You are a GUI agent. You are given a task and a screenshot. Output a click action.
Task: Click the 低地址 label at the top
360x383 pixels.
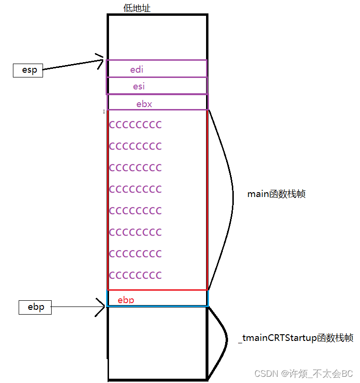pyautogui.click(x=137, y=8)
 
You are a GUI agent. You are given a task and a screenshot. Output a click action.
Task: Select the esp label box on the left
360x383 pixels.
pyautogui.click(x=28, y=70)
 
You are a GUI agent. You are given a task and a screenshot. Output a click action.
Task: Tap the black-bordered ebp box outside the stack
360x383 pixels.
pyautogui.click(x=35, y=307)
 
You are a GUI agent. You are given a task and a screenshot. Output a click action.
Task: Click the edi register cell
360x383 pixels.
pyautogui.click(x=156, y=68)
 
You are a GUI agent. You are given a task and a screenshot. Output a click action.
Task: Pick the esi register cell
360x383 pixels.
pyautogui.click(x=156, y=86)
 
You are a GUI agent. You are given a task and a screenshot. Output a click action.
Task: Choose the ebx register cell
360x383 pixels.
pyautogui.click(x=157, y=102)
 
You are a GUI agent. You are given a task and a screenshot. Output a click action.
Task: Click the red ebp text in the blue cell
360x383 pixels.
pyautogui.click(x=126, y=300)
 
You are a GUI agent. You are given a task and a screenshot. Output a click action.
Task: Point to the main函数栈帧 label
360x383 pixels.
pyautogui.click(x=276, y=194)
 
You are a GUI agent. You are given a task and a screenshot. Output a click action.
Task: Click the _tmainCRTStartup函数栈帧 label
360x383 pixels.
pyautogui.click(x=296, y=338)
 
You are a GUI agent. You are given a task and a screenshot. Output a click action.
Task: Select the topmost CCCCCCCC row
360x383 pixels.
pyautogui.click(x=135, y=125)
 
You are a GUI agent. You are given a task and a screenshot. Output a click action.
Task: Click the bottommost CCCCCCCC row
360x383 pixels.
pyautogui.click(x=135, y=275)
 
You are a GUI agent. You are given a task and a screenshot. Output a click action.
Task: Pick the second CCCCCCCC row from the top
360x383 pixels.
pyautogui.click(x=135, y=146)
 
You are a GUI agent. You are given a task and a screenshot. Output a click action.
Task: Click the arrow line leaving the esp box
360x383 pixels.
pyautogui.click(x=72, y=66)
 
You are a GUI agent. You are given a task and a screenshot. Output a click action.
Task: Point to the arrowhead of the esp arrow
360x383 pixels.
pyautogui.click(x=101, y=60)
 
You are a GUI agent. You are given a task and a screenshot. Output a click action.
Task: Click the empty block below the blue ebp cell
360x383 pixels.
pyautogui.click(x=157, y=342)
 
